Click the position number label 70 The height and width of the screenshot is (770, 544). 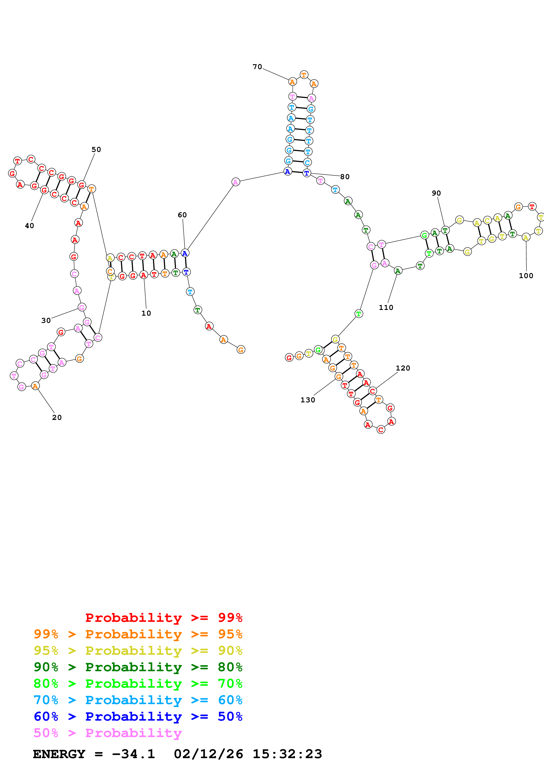pos(257,67)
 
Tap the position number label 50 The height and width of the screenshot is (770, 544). pos(96,149)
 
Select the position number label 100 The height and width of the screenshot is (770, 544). pos(526,276)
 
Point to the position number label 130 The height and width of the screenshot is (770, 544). pos(307,400)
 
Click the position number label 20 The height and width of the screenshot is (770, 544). pos(57,417)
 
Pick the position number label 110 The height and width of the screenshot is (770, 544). pos(386,308)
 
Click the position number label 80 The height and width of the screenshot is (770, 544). pos(345,177)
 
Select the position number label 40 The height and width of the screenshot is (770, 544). pos(29,226)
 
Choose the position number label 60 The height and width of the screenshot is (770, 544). pos(182,215)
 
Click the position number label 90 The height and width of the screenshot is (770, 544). pos(436,193)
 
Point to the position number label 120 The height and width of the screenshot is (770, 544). pos(402,368)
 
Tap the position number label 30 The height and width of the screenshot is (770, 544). pos(46,320)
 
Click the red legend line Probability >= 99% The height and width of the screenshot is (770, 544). pos(163,618)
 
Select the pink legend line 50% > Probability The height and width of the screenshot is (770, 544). pos(108,733)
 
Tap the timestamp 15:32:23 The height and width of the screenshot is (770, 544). pos(287,754)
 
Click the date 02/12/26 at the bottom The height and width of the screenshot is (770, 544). pos(208,754)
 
